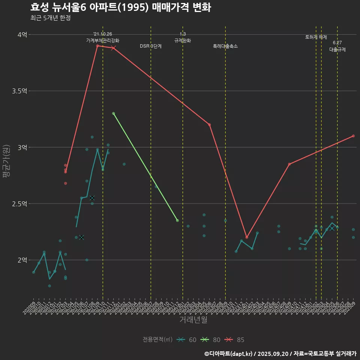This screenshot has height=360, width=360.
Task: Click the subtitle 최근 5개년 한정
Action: [50, 18]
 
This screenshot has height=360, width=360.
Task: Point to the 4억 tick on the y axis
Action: [22, 35]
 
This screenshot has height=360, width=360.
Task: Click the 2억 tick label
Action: [22, 260]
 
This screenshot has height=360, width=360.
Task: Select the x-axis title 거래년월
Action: [193, 320]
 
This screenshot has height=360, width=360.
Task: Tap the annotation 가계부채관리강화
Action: [103, 40]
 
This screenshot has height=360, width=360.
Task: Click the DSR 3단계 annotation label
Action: [151, 46]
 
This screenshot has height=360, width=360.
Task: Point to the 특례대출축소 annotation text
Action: [225, 46]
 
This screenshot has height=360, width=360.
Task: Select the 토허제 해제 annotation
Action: [316, 37]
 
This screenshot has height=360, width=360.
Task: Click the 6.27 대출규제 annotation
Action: [337, 46]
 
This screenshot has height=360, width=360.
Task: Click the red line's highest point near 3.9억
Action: [97, 46]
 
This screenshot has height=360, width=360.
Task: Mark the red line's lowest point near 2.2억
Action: [247, 237]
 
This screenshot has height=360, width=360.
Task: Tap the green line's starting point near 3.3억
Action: [114, 113]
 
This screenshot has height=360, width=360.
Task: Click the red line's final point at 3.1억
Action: [353, 136]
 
